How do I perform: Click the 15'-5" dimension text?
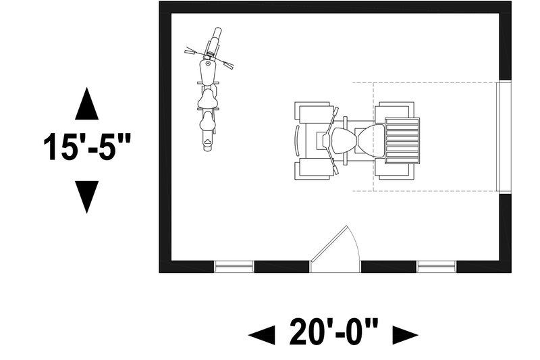(87, 147)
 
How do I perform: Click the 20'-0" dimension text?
(333, 332)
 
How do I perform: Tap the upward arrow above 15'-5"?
(87, 103)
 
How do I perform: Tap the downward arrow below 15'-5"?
(87, 197)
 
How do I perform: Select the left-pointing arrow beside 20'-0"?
(261, 334)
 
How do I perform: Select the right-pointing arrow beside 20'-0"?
(406, 334)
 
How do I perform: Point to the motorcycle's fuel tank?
(208, 72)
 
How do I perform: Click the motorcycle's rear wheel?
(207, 144)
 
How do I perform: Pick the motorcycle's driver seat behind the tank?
(208, 99)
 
